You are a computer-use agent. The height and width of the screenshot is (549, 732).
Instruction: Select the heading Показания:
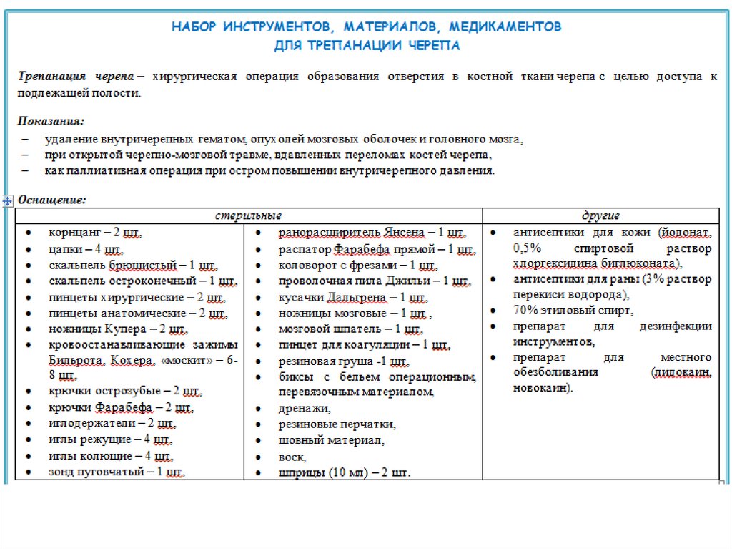(51, 120)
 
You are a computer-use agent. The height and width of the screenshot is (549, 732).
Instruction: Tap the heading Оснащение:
(52, 199)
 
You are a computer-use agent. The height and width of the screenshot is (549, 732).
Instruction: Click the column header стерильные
(249, 215)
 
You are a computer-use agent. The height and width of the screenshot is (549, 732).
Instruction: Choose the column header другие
(600, 215)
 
